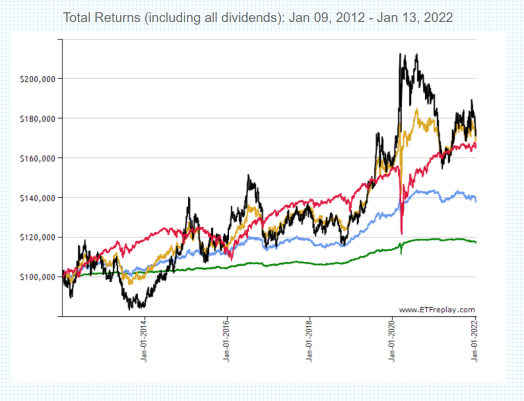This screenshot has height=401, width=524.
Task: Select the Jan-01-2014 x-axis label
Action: click(x=144, y=341)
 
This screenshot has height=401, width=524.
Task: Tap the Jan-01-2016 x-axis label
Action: click(x=227, y=341)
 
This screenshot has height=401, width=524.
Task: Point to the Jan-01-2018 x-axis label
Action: click(x=310, y=341)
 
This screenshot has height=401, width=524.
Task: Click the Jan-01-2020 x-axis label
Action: click(x=393, y=341)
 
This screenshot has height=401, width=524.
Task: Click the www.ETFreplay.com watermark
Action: click(x=436, y=310)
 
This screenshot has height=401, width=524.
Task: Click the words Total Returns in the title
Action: click(x=100, y=18)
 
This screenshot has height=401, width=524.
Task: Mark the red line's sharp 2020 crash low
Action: click(x=402, y=234)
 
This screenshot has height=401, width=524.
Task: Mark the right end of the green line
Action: click(x=476, y=243)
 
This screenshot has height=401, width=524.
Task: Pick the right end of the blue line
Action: click(x=476, y=201)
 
